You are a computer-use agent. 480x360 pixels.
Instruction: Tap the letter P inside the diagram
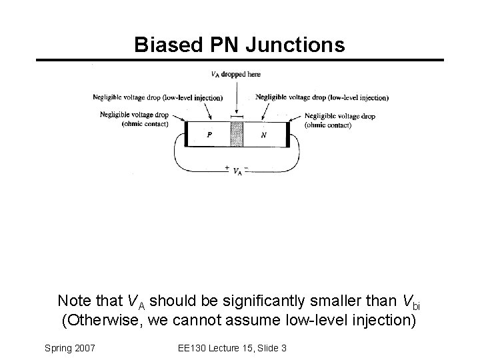point(209,134)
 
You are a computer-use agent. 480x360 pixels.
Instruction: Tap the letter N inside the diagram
point(263,134)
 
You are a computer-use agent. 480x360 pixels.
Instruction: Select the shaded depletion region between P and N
point(236,134)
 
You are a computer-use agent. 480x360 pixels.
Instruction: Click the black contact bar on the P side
point(187,134)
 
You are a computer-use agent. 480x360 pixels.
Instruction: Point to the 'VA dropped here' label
point(235,74)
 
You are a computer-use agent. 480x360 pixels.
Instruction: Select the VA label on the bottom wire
point(237,171)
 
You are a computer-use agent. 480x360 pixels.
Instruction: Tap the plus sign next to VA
point(228,167)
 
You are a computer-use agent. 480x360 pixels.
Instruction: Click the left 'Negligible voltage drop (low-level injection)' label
point(157,98)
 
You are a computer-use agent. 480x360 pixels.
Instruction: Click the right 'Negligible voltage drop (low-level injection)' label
point(322,97)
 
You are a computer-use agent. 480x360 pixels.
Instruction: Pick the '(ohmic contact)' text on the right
point(327,125)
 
